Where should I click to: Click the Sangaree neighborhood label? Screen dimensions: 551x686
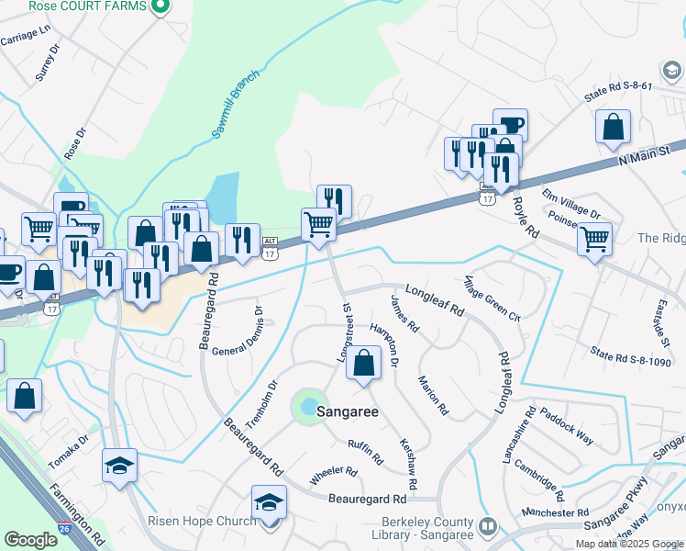click(348, 412)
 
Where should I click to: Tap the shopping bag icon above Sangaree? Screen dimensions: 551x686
click(364, 363)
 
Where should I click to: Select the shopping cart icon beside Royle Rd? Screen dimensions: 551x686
click(594, 240)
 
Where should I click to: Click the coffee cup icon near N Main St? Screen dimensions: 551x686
click(510, 124)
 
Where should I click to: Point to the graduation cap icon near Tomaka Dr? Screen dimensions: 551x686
click(119, 466)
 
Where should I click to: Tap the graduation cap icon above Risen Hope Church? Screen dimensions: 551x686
click(269, 502)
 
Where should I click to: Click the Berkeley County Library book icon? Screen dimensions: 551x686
click(490, 526)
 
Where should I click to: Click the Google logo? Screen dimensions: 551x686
click(30, 540)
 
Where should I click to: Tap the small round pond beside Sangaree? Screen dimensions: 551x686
click(309, 406)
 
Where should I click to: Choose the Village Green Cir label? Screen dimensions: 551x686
click(492, 298)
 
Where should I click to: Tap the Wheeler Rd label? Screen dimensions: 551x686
click(333, 471)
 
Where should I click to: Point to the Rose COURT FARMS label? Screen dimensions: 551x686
click(87, 6)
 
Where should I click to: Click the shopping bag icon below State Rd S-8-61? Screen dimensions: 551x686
click(613, 128)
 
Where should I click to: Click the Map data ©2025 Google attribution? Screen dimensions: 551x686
click(628, 544)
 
